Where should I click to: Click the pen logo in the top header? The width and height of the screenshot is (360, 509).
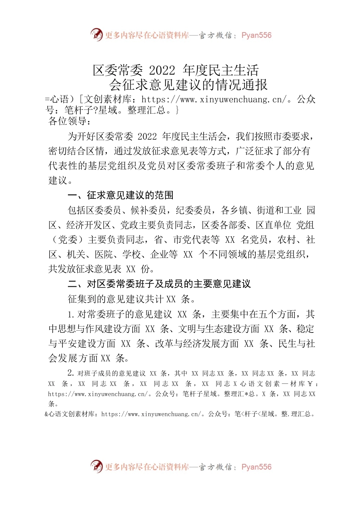pyautogui.click(x=97, y=34)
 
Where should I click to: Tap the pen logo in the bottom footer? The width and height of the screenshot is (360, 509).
pyautogui.click(x=97, y=466)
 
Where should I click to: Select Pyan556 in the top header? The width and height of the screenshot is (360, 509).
pyautogui.click(x=257, y=35)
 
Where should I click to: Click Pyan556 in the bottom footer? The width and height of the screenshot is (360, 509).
pyautogui.click(x=257, y=467)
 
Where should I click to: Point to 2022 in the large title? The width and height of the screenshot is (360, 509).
pyautogui.click(x=162, y=70)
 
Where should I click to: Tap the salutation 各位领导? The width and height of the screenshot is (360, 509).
pyautogui.click(x=70, y=121)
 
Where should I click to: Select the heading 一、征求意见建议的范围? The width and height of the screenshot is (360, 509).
pyautogui.click(x=121, y=195)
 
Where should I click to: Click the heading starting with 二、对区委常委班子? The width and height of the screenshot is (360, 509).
pyautogui.click(x=159, y=284)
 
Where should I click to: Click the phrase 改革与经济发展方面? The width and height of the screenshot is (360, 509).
pyautogui.click(x=197, y=343)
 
